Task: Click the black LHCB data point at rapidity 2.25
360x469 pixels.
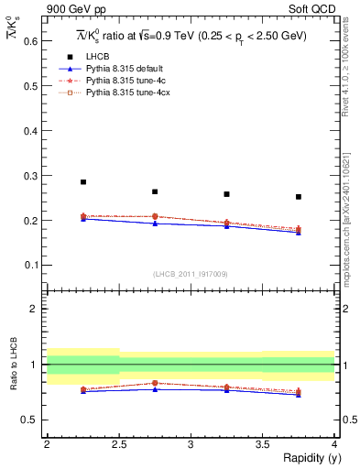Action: (83, 182)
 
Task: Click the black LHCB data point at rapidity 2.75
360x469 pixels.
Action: (155, 191)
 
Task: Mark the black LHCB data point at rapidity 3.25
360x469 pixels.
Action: (226, 194)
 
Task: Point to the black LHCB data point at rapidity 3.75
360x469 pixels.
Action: (299, 197)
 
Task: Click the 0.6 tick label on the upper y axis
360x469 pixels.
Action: (30, 41)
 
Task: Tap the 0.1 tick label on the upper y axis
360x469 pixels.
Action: (30, 266)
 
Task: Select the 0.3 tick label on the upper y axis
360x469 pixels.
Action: (30, 176)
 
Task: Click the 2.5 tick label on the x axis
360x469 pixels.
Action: (119, 443)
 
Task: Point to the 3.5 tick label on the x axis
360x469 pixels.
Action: (263, 443)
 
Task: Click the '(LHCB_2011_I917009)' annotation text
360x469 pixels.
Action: (191, 274)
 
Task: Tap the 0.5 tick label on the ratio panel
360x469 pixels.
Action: (30, 420)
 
